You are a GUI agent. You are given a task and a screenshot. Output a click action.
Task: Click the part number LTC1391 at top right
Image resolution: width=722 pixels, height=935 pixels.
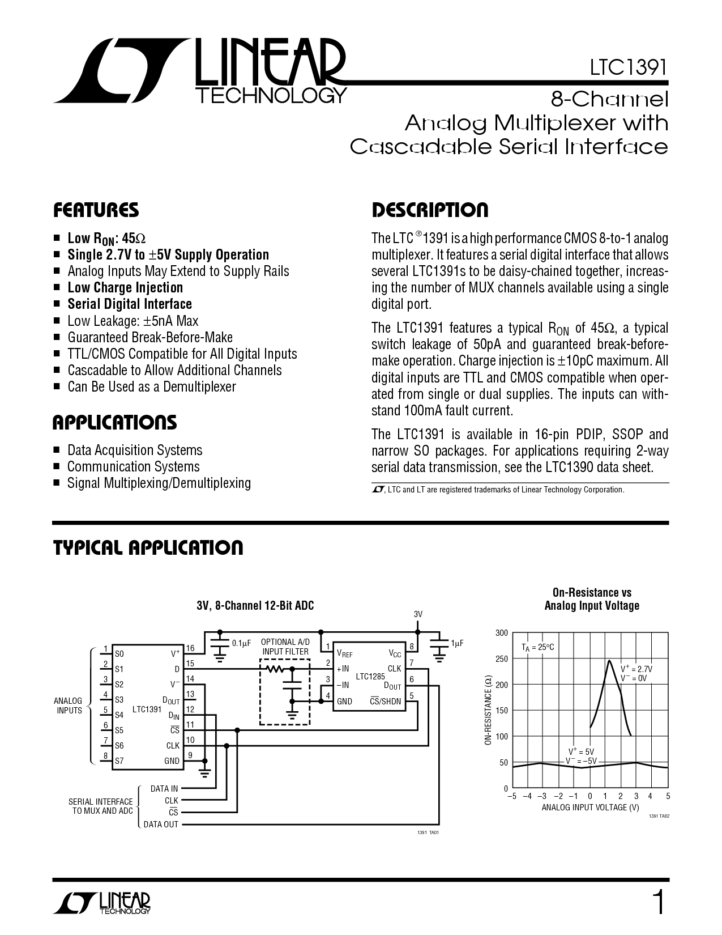click(x=629, y=67)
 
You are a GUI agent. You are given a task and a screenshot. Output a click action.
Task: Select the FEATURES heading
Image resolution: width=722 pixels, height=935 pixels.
click(x=96, y=210)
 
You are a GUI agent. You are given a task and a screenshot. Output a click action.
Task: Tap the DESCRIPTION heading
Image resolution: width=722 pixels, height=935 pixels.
click(x=430, y=210)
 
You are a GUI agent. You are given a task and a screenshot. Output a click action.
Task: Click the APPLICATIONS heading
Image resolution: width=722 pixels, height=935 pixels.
click(x=114, y=423)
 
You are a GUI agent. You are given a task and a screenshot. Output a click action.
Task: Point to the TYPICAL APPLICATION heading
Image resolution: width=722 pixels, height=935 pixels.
click(x=148, y=548)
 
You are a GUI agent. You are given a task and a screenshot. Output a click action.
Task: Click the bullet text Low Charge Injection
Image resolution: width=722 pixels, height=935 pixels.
click(x=125, y=287)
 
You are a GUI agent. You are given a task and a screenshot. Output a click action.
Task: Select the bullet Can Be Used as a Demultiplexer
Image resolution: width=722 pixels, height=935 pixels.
click(x=152, y=386)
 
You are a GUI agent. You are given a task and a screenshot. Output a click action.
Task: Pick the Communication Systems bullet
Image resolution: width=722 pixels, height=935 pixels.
click(x=133, y=466)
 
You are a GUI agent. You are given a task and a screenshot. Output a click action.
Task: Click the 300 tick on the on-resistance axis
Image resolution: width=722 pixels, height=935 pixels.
click(x=502, y=633)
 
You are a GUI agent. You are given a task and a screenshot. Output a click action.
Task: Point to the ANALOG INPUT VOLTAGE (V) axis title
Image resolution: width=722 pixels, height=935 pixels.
click(x=591, y=807)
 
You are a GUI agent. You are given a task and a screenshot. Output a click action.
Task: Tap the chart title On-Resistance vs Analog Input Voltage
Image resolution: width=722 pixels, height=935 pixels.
click(x=592, y=599)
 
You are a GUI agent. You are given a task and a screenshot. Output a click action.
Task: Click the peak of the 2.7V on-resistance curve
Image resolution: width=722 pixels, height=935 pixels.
click(x=609, y=661)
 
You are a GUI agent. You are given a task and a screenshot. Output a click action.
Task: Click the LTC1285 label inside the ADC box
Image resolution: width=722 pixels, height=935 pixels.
click(x=370, y=677)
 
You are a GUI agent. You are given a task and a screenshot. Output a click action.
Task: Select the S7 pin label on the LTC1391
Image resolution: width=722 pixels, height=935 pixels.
click(x=119, y=760)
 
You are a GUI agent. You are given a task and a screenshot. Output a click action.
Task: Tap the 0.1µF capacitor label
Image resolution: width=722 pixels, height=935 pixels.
click(x=241, y=643)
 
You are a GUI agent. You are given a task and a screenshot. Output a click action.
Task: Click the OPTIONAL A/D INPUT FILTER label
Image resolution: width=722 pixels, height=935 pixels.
click(x=285, y=647)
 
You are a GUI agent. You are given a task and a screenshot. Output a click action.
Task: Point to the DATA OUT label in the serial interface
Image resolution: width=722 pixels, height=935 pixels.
click(x=161, y=824)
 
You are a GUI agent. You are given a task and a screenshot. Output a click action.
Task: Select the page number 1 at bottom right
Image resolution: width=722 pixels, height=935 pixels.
click(x=659, y=903)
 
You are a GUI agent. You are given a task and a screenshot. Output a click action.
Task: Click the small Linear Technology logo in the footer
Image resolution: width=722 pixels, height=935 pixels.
click(x=101, y=903)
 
